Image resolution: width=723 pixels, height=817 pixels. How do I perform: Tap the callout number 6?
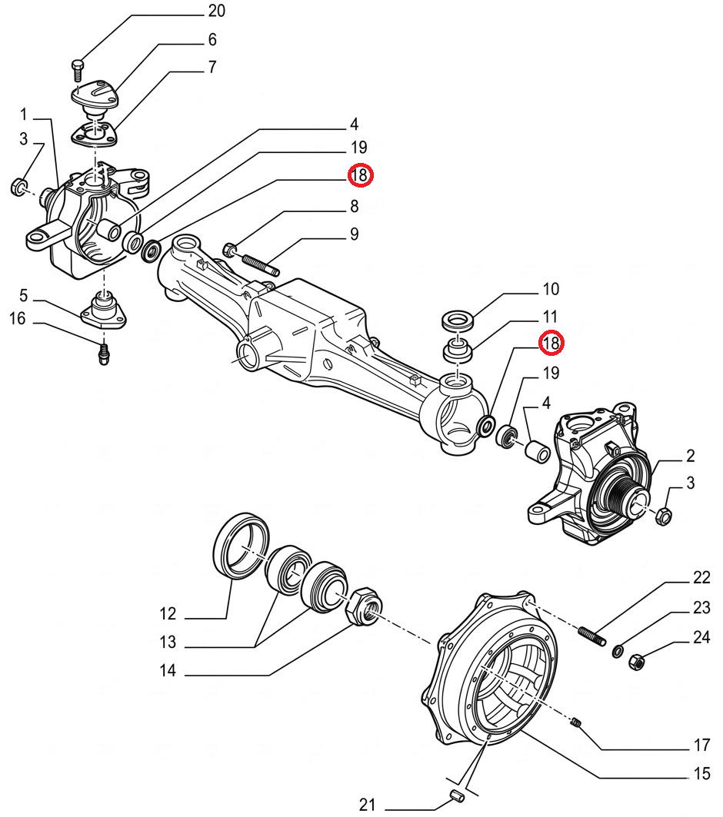click(212, 39)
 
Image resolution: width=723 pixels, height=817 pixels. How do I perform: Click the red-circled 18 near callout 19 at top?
click(360, 176)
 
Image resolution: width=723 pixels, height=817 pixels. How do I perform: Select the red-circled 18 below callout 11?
click(551, 343)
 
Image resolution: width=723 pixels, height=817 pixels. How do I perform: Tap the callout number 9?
click(355, 234)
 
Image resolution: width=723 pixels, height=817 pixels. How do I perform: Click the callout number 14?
click(168, 671)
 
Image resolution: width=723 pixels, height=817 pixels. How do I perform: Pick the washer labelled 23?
click(618, 652)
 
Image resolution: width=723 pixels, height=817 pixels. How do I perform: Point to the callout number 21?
click(367, 805)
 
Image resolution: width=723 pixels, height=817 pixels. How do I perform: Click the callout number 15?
click(701, 774)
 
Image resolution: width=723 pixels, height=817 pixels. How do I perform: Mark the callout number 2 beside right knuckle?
click(690, 457)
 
